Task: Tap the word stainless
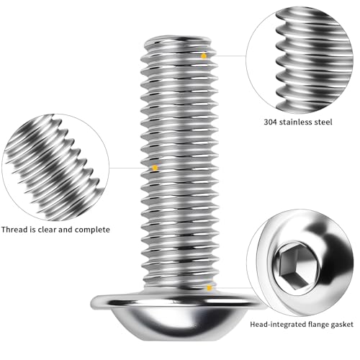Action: click(x=301, y=122)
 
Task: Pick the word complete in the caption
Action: click(x=94, y=229)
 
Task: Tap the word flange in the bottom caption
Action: click(x=315, y=324)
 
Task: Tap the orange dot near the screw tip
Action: click(x=204, y=55)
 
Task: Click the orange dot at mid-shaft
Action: click(x=155, y=168)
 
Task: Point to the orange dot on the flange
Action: click(x=209, y=288)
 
